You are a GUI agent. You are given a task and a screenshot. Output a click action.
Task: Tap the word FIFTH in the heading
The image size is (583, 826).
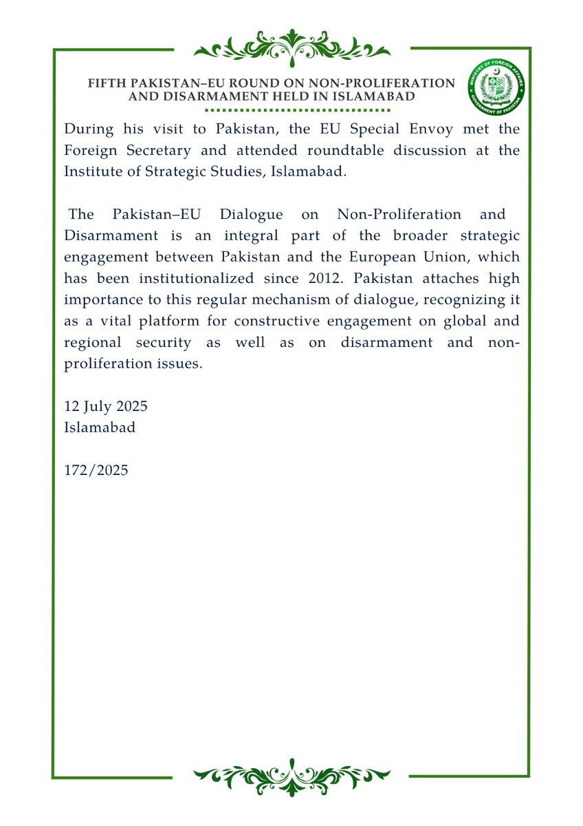pyautogui.click(x=106, y=83)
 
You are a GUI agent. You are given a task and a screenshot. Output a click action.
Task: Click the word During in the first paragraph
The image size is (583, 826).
pyautogui.click(x=87, y=129)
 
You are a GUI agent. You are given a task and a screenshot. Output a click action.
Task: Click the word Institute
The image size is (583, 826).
pyautogui.click(x=92, y=171)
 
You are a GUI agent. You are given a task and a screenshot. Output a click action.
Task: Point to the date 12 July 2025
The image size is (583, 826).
pyautogui.click(x=106, y=406)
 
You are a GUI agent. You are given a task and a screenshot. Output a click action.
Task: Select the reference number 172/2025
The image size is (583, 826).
pyautogui.click(x=96, y=470)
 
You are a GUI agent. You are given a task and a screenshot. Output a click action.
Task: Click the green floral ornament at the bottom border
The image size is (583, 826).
pyautogui.click(x=292, y=776)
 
